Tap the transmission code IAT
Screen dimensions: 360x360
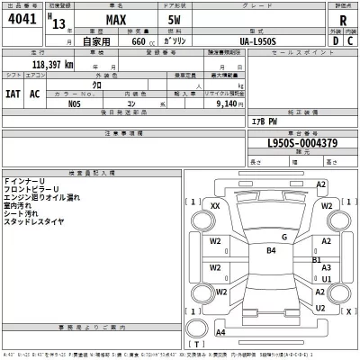[13, 94]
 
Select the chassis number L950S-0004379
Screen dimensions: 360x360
[301, 142]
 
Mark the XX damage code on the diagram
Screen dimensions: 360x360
[215, 206]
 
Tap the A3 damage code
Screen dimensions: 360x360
[326, 268]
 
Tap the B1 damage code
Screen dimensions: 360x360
[316, 259]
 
